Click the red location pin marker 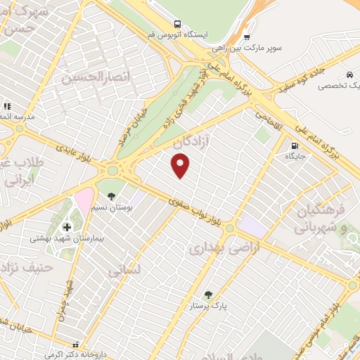[x=181, y=165]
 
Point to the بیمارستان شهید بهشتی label [x=67, y=239]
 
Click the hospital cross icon [x=67, y=226]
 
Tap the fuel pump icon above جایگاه [x=293, y=147]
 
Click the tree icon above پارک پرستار [x=209, y=294]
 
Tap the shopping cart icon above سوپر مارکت [x=247, y=38]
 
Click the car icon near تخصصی [x=348, y=74]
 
